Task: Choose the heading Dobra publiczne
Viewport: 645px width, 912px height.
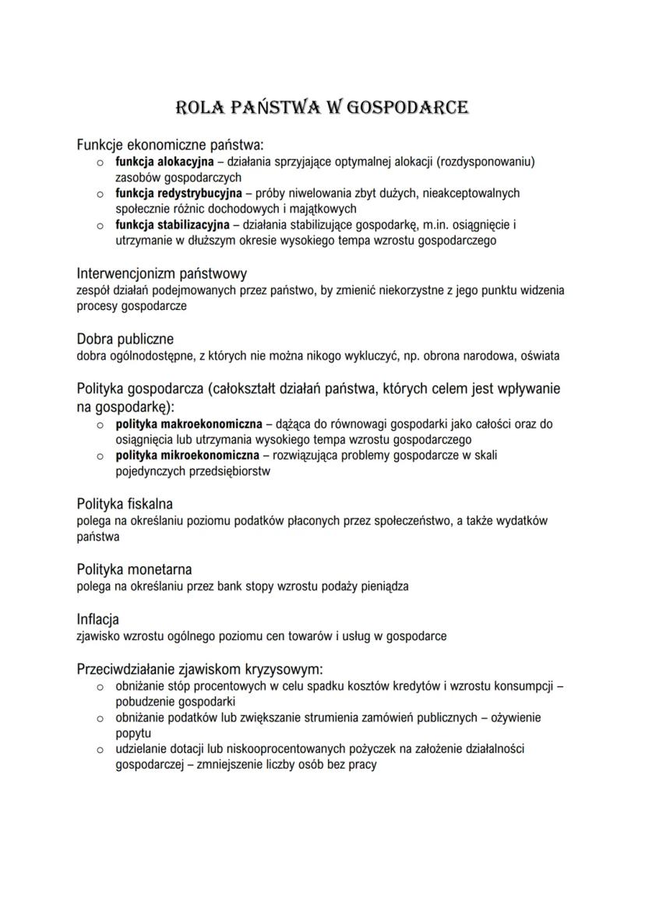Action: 125,339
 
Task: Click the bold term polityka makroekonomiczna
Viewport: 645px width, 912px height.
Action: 189,424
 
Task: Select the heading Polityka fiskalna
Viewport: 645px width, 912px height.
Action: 125,504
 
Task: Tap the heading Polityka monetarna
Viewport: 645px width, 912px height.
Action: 134,569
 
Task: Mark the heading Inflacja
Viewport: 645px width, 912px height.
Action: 97,619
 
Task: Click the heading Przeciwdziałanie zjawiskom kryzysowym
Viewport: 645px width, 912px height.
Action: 199,669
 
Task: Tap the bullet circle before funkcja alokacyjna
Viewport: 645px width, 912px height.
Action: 100,163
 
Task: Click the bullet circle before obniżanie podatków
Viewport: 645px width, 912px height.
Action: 100,717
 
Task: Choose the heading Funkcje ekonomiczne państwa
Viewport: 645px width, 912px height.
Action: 170,145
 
